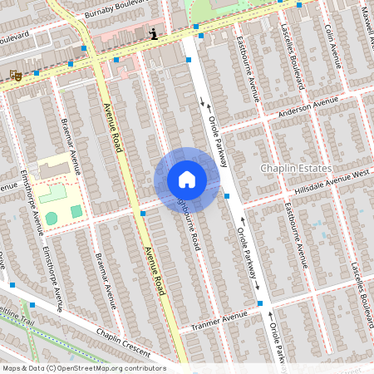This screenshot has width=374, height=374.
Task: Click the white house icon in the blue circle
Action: point(187,180)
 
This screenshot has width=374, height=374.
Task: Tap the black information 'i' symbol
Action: point(153,34)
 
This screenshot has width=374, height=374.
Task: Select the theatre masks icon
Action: point(15,75)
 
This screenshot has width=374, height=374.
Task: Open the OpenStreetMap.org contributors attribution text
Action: point(83,368)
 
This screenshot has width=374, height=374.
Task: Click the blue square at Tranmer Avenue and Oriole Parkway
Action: point(259,303)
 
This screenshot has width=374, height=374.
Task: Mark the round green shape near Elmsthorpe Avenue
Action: point(52,218)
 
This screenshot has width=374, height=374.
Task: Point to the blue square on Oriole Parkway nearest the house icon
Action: point(227,196)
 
